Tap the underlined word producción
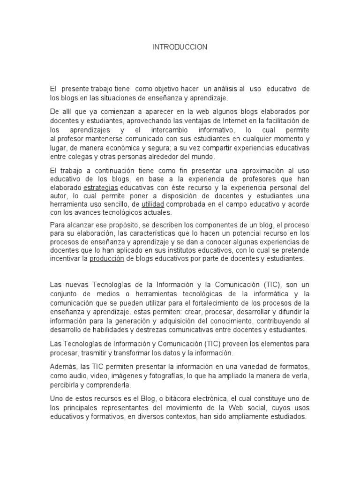tap(107, 259)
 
